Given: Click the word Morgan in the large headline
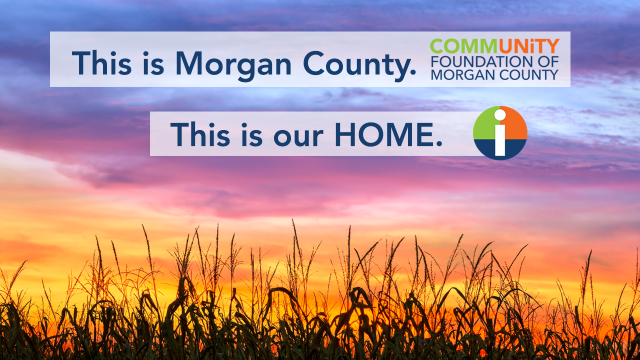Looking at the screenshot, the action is click(233, 65).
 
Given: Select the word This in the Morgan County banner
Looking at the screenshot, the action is click(101, 63).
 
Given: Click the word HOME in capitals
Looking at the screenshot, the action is click(384, 134).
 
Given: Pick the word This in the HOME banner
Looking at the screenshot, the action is click(200, 134).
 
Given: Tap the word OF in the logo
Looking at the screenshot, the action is click(548, 62).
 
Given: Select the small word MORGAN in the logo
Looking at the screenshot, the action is click(463, 75).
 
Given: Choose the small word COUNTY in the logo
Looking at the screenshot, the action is click(529, 75).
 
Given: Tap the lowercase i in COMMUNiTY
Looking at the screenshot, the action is click(533, 46).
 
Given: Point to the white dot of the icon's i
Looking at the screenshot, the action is click(500, 115).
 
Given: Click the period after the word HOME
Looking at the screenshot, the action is click(439, 143).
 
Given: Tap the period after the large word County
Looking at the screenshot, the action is click(412, 72).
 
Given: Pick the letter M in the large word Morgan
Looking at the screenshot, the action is click(189, 63).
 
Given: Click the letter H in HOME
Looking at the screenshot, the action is click(345, 134).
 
